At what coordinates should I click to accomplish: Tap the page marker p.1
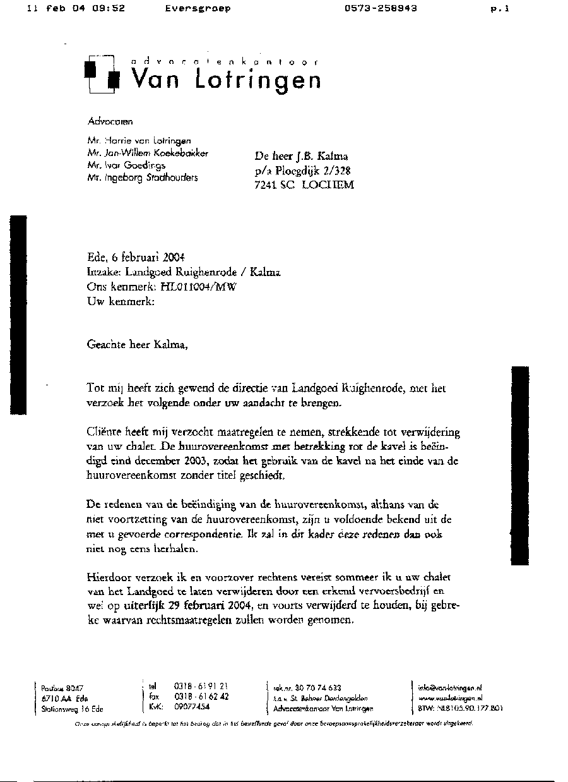(499, 9)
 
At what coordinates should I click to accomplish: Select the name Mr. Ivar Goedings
(127, 165)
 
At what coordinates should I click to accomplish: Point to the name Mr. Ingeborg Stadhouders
(143, 177)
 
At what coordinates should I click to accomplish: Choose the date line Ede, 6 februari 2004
(136, 257)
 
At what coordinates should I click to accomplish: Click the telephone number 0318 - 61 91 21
(201, 686)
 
